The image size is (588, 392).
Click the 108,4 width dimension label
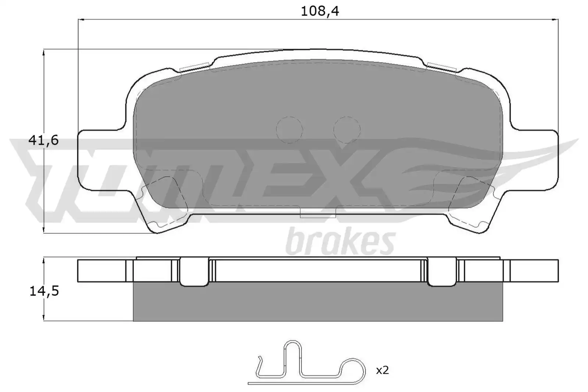[320, 11]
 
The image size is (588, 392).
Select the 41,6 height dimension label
[44, 141]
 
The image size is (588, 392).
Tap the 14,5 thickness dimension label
[44, 291]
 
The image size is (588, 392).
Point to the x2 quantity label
[382, 370]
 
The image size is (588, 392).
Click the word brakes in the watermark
[340, 241]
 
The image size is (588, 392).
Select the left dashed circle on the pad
[289, 130]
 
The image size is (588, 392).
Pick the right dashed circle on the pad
[347, 130]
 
